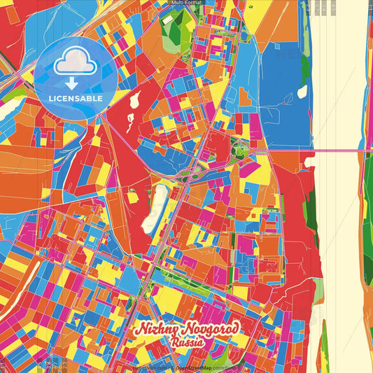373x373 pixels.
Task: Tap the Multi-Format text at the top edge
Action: coord(186,3)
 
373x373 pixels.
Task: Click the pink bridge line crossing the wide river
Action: coord(336,149)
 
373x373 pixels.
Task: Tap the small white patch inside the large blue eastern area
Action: coord(302,92)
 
